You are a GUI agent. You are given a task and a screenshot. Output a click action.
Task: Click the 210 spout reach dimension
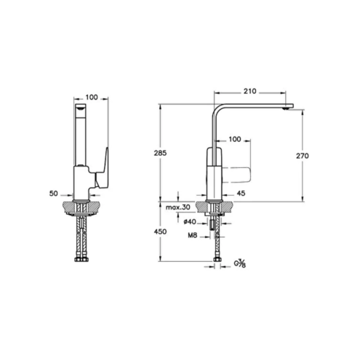[249, 91]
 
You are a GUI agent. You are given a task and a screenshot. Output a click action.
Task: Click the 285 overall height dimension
[160, 153]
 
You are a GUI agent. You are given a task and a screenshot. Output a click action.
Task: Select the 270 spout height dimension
[303, 156]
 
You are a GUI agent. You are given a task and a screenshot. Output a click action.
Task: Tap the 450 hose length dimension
[160, 231]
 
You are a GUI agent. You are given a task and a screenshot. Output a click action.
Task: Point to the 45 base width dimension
[241, 193]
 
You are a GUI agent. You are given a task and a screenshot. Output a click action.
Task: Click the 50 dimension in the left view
[54, 193]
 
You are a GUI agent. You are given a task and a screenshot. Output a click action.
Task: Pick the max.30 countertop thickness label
[177, 207]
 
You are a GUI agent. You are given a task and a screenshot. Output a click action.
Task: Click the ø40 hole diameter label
[190, 222]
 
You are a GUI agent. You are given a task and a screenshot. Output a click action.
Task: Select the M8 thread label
[193, 235]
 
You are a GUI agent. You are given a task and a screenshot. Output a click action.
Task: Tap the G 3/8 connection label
[239, 263]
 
